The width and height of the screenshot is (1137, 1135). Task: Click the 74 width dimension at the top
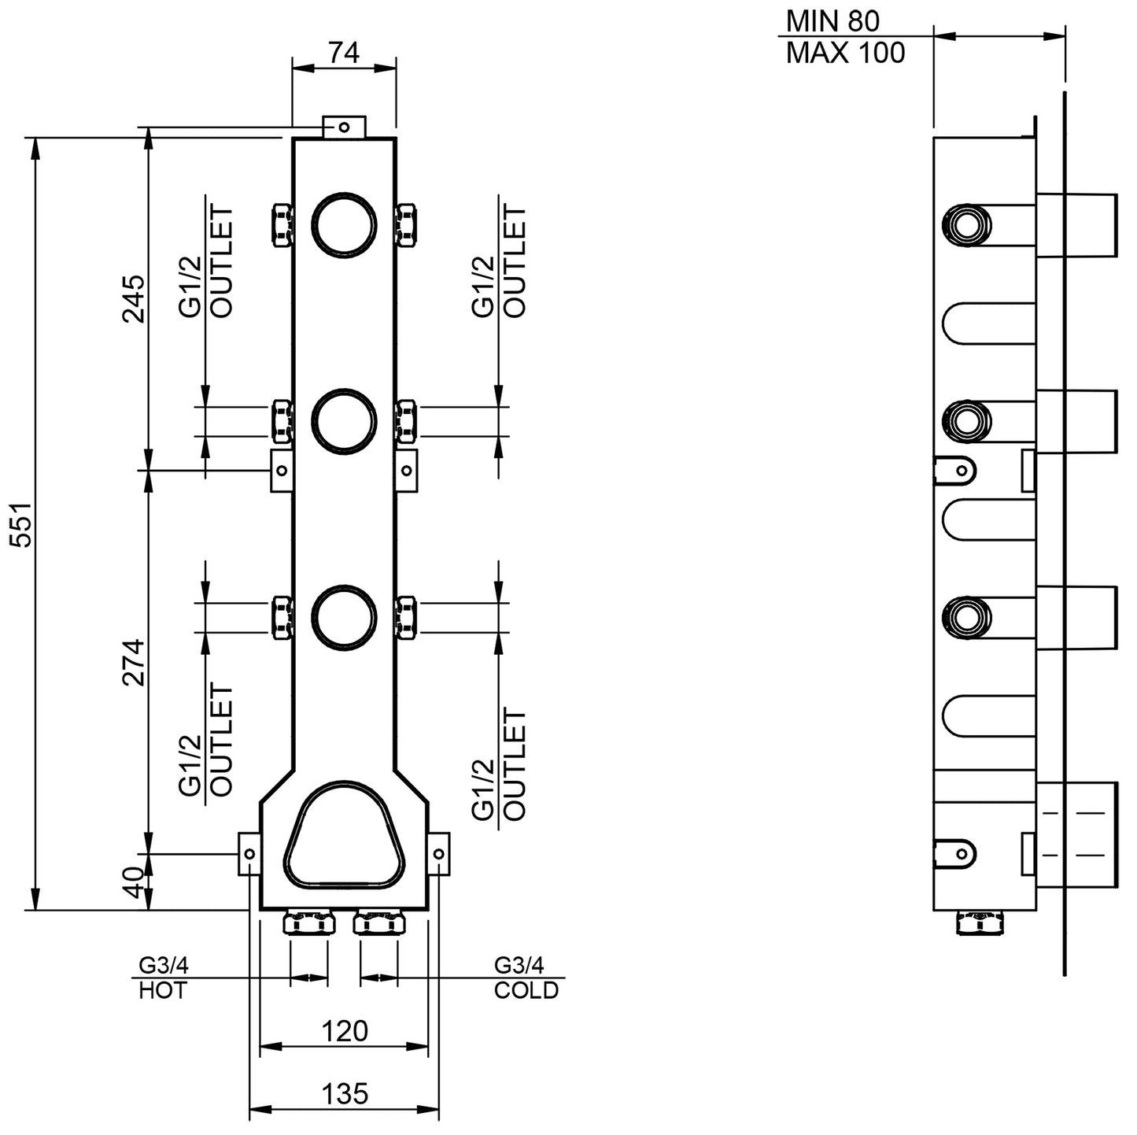click(344, 53)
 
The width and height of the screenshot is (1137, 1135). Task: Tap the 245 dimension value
click(134, 298)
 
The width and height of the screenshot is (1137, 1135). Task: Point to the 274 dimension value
click(134, 662)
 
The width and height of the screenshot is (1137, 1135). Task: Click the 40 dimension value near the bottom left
click(134, 882)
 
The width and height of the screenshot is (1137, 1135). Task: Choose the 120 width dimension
click(345, 1030)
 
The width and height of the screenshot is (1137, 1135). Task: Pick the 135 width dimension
click(345, 1093)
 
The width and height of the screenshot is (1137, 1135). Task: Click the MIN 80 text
click(832, 20)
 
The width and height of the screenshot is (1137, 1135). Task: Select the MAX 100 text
click(845, 53)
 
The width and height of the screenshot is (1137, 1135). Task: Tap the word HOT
click(163, 990)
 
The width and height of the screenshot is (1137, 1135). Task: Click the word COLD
click(526, 990)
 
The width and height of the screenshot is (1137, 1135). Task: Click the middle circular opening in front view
click(346, 421)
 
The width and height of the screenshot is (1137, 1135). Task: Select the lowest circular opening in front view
click(346, 617)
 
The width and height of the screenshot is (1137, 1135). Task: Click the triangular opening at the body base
click(346, 836)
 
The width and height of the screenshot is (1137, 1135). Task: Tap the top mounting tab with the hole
click(344, 126)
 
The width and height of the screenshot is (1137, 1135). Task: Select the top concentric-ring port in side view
click(964, 224)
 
